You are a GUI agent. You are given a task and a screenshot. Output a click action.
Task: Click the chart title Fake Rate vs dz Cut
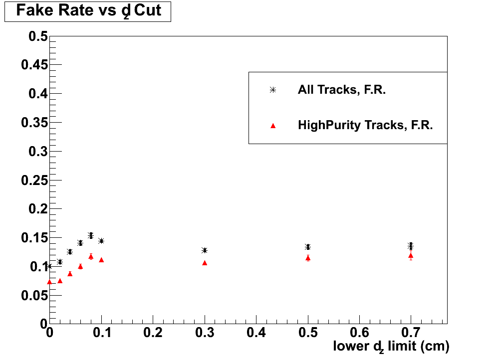tap(88, 11)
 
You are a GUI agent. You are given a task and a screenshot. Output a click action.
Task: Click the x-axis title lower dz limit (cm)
tap(391, 346)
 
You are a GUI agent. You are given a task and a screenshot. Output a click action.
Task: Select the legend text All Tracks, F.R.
tap(341, 90)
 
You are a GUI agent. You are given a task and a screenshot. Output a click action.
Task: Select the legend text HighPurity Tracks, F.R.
tap(365, 125)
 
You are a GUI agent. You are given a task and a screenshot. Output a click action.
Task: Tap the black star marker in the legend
tap(272, 90)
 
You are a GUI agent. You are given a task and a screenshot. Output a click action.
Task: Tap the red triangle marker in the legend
tap(272, 126)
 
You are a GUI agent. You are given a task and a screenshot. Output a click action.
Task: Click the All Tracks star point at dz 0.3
tap(205, 250)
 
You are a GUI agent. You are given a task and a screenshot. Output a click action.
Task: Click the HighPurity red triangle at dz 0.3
tap(205, 263)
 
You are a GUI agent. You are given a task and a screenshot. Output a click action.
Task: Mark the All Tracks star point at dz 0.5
tap(308, 247)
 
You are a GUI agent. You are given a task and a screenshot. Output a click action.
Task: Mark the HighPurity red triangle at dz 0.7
tap(411, 256)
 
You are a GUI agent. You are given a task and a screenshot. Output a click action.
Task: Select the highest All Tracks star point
tap(91, 235)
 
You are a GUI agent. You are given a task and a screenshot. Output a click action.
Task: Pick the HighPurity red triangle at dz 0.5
tap(308, 258)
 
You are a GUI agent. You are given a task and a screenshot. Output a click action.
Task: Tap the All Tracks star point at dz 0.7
tap(411, 246)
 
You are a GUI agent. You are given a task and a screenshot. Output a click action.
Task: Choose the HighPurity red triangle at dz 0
tap(49, 282)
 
